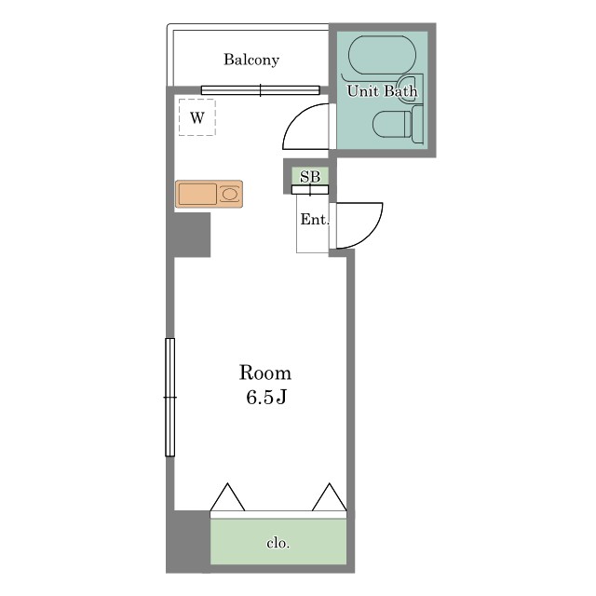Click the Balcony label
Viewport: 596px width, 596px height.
tap(251, 60)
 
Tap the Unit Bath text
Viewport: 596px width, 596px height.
tap(382, 91)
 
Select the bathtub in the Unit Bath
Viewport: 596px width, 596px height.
tap(382, 55)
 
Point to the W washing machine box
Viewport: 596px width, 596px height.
tap(197, 117)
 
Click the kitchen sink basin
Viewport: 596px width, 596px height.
tap(197, 195)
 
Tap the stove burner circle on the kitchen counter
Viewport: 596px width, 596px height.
tap(230, 195)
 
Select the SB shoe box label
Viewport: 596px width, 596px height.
tap(310, 177)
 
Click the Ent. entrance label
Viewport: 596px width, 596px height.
tap(315, 220)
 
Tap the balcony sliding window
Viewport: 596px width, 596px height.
tap(261, 90)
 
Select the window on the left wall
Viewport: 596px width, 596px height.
tap(169, 398)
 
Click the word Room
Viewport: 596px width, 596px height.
tap(265, 372)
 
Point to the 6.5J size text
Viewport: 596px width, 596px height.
tap(266, 398)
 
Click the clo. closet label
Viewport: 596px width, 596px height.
tap(278, 543)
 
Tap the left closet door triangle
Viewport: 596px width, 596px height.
tap(227, 497)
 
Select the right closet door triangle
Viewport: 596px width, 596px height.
tap(329, 497)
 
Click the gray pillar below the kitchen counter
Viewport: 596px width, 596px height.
tap(192, 235)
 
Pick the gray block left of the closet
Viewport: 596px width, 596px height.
tap(188, 541)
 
